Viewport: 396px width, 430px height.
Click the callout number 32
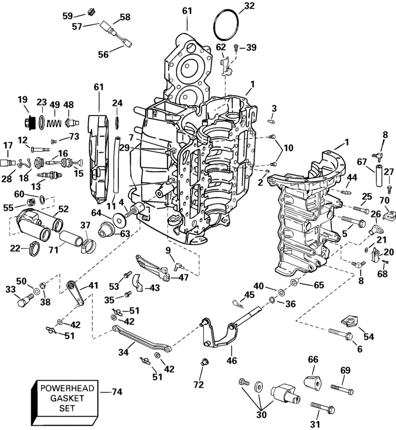point(249,6)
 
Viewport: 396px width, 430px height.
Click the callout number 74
point(117,392)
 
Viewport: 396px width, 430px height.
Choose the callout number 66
point(313,359)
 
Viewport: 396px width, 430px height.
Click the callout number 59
point(68,16)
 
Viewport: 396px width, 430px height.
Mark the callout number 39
point(251,48)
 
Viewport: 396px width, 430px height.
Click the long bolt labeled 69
point(342,388)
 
